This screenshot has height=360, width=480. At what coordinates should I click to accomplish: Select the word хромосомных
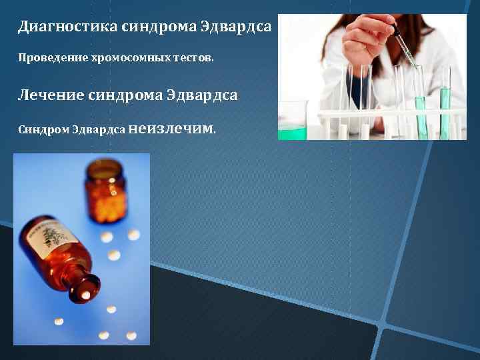tap(118, 59)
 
